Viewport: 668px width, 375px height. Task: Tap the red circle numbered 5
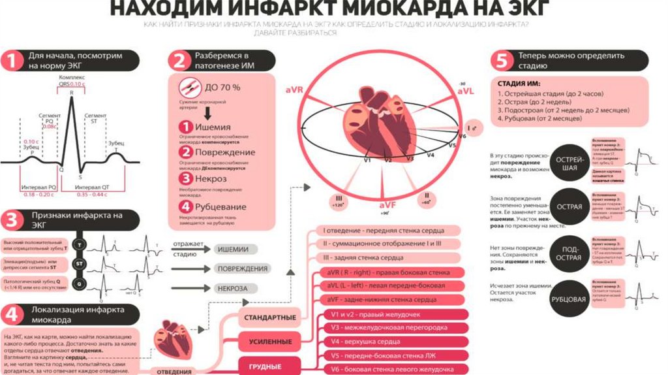(x=501, y=61)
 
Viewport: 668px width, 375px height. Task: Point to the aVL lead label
(x=464, y=92)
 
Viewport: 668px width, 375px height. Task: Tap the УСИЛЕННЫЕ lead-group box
(x=269, y=342)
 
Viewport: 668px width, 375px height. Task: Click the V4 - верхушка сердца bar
(x=389, y=341)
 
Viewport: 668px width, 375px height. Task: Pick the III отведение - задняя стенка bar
(x=389, y=258)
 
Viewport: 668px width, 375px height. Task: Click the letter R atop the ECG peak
(x=71, y=93)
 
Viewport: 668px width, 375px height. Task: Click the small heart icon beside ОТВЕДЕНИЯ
(x=171, y=342)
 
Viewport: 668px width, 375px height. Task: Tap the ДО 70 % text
(x=223, y=87)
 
